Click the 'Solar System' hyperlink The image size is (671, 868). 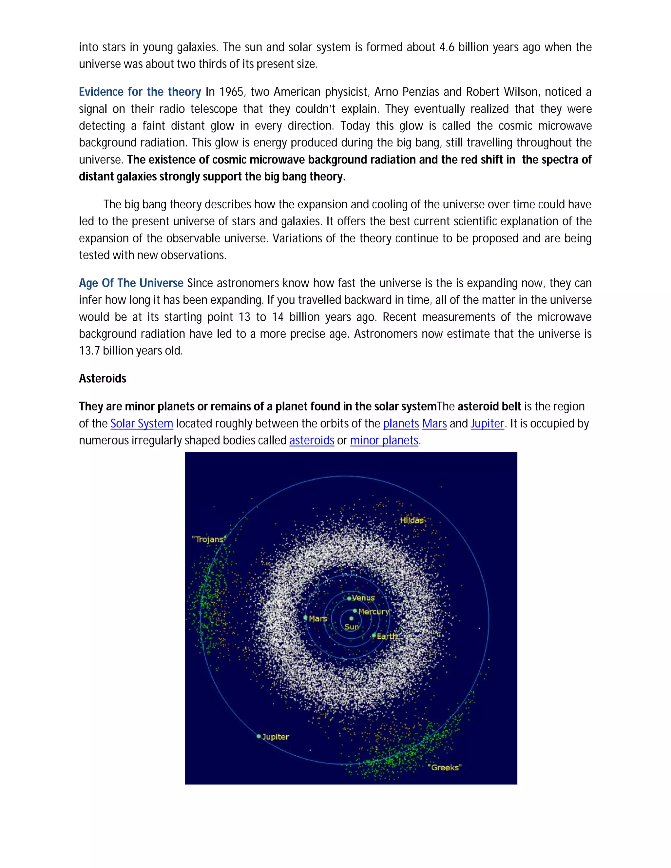(x=142, y=424)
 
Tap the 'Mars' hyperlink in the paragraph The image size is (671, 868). (x=434, y=424)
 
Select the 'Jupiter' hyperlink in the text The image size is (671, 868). (x=487, y=424)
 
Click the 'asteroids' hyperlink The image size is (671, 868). (x=312, y=440)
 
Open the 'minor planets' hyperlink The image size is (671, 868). (x=384, y=440)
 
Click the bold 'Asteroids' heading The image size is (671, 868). (x=103, y=378)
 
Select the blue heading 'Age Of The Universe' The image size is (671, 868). (x=131, y=283)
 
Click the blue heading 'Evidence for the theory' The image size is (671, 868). (x=140, y=92)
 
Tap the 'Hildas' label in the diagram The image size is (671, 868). (x=412, y=520)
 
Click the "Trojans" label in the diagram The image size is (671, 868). (x=208, y=539)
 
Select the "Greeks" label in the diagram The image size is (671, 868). (x=445, y=767)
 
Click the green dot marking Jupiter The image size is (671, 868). (x=259, y=736)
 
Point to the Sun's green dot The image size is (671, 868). (x=352, y=618)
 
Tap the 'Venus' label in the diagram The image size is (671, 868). (x=363, y=598)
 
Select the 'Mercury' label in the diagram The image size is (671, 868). (x=373, y=612)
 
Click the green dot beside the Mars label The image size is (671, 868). (x=305, y=618)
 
